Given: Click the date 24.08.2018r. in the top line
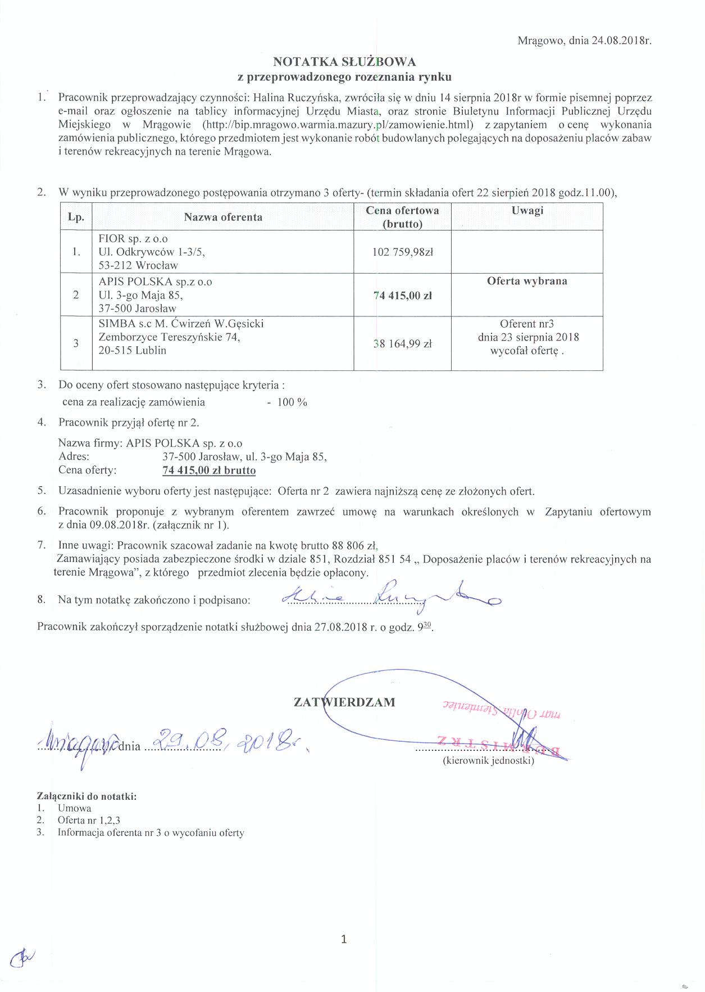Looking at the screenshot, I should pos(621,40).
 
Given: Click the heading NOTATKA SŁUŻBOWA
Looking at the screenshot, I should pos(344,62).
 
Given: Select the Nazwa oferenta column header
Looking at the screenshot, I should pos(223,217).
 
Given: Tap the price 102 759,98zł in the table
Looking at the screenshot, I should pos(403,252).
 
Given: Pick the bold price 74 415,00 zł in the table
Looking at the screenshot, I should pos(403,296).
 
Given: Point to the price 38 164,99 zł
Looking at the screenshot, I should pos(403,344).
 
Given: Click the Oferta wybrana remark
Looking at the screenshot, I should pos(527,281).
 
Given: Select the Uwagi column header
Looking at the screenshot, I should pos(527,210).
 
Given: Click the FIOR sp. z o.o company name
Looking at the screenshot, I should pos(133,239).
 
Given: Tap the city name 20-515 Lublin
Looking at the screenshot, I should pos(133,350).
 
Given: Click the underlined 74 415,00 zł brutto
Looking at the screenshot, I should pos(209,470).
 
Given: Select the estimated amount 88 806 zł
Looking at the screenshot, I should pos(354,545).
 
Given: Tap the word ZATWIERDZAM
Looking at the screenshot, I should pos(344,702).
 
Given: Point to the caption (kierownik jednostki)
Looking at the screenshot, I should pos(488,761).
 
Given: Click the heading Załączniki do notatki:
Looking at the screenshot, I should pos(87,796).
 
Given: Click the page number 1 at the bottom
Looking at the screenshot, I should pos(344,939).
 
